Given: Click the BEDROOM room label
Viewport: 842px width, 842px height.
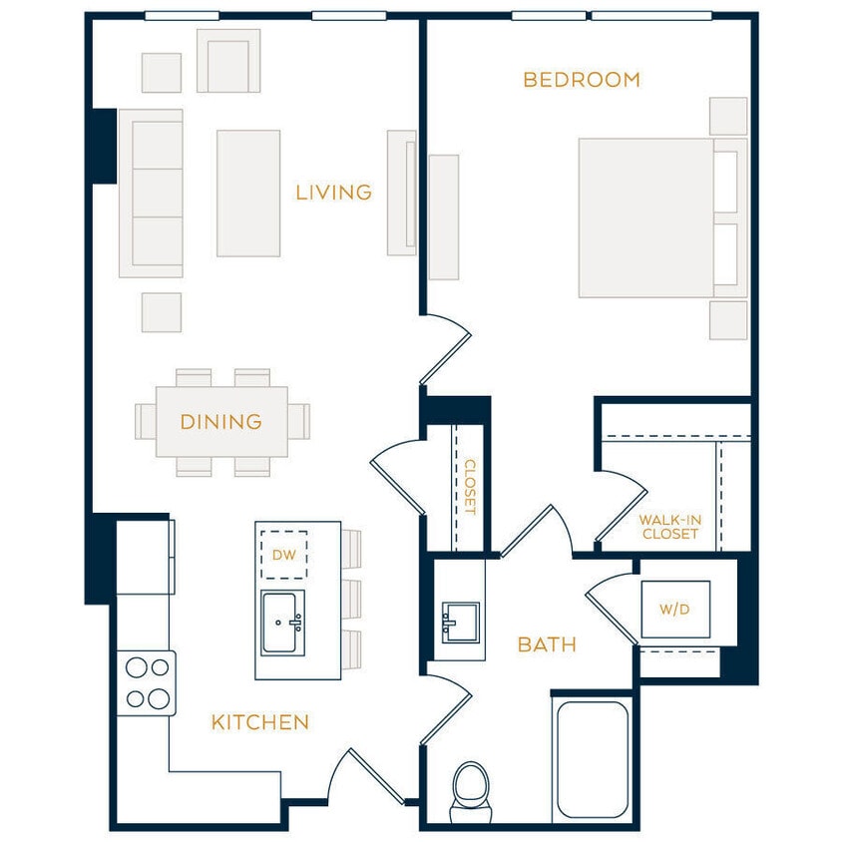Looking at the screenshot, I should click(581, 80).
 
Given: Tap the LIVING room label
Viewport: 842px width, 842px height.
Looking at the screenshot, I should click(333, 192).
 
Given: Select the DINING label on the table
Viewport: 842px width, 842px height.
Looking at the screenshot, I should click(220, 422).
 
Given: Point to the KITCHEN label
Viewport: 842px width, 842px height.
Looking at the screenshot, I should click(259, 722).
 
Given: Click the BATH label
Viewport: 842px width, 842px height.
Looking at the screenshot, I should click(547, 645).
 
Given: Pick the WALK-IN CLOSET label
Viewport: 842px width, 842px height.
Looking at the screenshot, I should click(669, 527).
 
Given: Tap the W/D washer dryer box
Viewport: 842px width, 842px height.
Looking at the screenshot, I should click(675, 609).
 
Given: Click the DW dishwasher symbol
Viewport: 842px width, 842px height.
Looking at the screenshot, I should click(284, 555).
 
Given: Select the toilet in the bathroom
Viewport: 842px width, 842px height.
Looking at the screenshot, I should click(470, 790).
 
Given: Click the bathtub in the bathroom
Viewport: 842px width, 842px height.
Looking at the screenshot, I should click(592, 758).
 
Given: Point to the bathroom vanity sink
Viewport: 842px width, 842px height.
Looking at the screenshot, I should click(460, 623).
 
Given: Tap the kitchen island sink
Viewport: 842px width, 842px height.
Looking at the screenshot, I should click(282, 624).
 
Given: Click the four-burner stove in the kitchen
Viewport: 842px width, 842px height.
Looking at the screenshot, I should click(146, 682).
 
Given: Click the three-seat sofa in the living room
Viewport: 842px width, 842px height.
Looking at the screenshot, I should click(152, 193).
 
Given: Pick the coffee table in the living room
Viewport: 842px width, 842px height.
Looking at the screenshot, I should click(248, 193).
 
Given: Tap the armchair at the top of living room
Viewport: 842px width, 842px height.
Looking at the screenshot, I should click(228, 61).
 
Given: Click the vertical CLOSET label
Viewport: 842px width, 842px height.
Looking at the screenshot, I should click(470, 487).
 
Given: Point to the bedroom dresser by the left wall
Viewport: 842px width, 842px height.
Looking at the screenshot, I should click(444, 216).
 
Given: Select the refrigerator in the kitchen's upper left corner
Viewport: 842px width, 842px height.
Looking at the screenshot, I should click(144, 556).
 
